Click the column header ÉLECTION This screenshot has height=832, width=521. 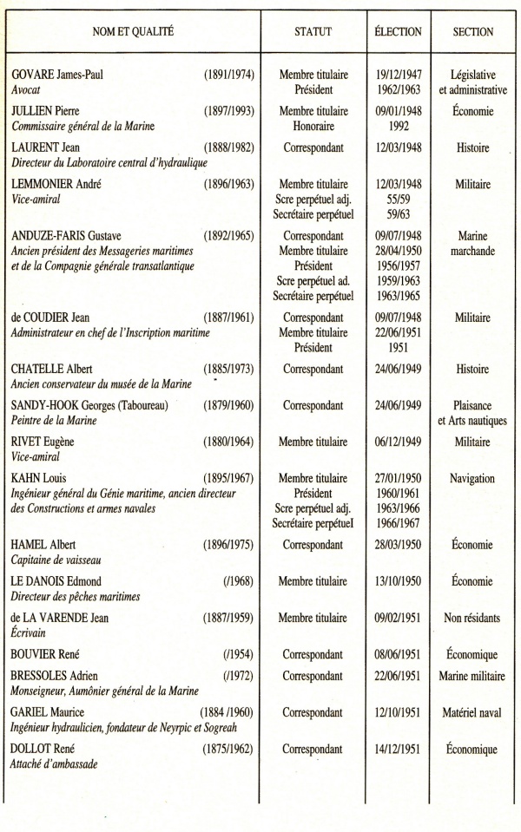coord(398,31)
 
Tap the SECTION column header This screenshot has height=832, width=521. coord(473,31)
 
